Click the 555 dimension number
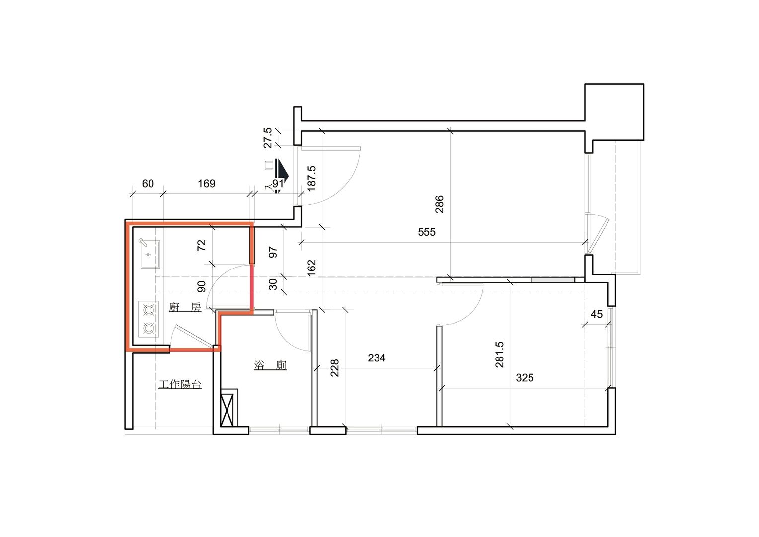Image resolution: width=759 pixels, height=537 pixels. point(427,232)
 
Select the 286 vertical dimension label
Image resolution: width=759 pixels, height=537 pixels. point(439,204)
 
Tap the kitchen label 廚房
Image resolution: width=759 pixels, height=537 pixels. point(185,307)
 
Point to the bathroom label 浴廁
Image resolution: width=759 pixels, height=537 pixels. point(270,365)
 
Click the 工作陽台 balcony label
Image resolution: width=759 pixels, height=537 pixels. point(180,384)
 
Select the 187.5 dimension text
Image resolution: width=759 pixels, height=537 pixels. point(311,179)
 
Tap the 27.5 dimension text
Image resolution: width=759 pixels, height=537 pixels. point(268,138)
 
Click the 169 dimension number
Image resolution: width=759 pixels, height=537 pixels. point(206,184)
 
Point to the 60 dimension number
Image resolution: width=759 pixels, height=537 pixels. point(148,184)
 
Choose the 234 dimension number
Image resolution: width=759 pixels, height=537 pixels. point(377,358)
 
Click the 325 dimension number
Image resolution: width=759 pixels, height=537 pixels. point(525,378)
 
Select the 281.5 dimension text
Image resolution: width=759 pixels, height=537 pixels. point(499,355)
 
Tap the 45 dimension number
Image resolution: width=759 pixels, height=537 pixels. point(597,314)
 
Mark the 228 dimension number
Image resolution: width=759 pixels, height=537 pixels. point(334,368)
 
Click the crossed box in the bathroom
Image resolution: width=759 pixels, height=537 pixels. point(227,410)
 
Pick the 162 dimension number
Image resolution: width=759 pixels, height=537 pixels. point(311,268)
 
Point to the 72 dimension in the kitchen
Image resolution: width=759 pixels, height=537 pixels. point(201,245)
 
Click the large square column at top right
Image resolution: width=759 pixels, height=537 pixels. point(614,112)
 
